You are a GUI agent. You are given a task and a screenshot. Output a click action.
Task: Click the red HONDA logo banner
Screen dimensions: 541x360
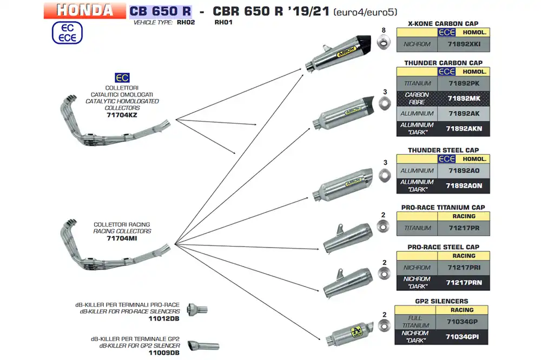[x=85, y=10]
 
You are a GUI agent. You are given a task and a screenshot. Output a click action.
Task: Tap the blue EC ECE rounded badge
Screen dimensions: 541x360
[x=67, y=33]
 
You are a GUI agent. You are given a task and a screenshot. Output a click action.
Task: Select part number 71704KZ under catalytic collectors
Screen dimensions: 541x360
[x=122, y=115]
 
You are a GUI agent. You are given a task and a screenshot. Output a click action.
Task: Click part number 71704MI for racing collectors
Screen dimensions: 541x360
[x=122, y=238]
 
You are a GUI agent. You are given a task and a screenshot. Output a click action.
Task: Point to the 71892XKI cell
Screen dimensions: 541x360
[x=464, y=44]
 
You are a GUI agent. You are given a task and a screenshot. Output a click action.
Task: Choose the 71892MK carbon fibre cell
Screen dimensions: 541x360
[x=464, y=98]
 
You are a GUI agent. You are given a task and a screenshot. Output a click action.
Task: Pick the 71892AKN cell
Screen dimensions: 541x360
[x=464, y=129]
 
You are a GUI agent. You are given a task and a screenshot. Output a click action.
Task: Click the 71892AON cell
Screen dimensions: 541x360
[x=464, y=186]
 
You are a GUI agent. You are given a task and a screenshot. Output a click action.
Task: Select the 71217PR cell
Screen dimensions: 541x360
[x=464, y=228]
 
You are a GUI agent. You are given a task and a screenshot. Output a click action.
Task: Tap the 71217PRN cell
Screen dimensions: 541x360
[x=464, y=283]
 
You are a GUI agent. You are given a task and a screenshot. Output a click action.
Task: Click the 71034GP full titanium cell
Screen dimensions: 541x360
[x=462, y=322]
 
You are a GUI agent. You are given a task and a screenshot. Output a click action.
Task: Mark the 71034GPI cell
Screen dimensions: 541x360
[x=462, y=337]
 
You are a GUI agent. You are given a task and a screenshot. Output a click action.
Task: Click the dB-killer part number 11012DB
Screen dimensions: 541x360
[x=164, y=318]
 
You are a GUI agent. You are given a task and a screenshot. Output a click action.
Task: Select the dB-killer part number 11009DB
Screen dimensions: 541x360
[x=164, y=353]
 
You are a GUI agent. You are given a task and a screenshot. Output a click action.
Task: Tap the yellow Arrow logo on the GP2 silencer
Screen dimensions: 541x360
[x=357, y=332]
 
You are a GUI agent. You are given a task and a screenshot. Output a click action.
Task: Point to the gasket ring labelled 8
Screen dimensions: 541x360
[x=384, y=43]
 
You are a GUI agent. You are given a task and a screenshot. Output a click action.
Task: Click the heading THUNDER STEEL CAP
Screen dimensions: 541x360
[x=444, y=150]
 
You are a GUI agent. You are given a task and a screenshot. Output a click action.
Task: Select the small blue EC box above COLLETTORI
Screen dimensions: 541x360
[x=122, y=78]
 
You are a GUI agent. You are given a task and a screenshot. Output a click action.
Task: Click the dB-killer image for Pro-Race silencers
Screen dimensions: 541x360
[x=197, y=309]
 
